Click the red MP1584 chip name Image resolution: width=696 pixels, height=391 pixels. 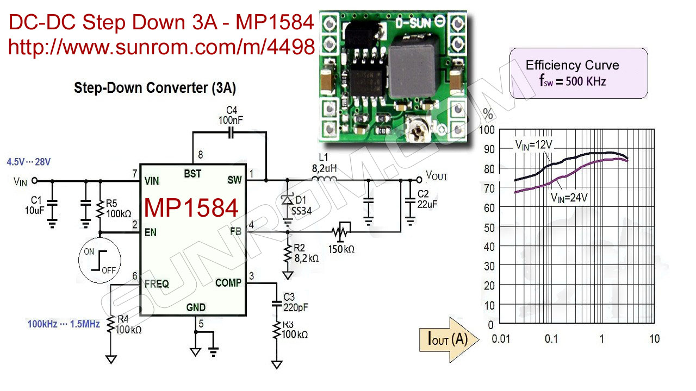click(x=191, y=208)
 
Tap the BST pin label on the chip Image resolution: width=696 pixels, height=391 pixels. click(x=192, y=173)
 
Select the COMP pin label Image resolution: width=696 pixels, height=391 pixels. click(x=228, y=282)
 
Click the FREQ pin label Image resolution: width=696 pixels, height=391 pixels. click(x=157, y=283)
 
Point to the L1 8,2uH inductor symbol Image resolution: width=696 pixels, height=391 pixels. click(x=325, y=179)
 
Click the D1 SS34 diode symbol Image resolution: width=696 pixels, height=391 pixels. click(x=287, y=200)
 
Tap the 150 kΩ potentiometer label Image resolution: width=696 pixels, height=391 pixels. click(x=341, y=249)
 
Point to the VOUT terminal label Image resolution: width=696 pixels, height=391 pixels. click(x=437, y=175)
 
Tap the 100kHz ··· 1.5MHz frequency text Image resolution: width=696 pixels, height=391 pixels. click(x=64, y=324)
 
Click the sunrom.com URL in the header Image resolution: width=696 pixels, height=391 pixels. click(x=161, y=47)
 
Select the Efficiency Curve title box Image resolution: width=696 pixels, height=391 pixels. click(x=578, y=73)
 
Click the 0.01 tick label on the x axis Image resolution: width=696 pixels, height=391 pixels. click(x=501, y=339)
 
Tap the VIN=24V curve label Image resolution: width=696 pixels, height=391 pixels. click(x=569, y=198)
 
